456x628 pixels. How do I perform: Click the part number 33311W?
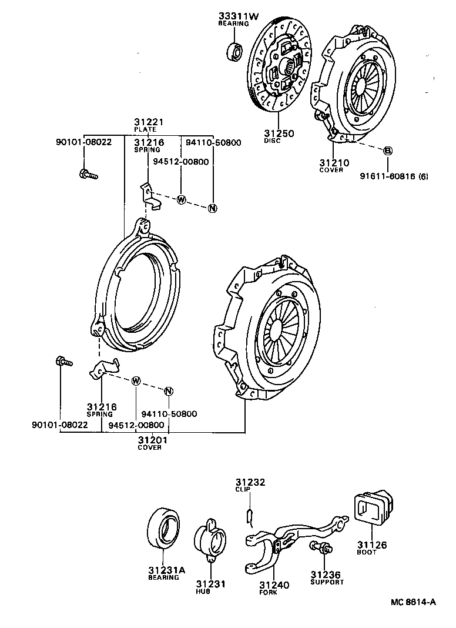pos(238,16)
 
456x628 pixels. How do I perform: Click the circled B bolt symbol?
pos(388,151)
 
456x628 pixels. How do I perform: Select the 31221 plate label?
pos(148,122)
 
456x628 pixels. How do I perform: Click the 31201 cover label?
pos(150,440)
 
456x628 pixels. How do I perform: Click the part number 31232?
pos(251,482)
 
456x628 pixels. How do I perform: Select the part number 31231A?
pos(166,570)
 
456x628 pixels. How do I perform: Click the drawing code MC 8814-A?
pos(414,602)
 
